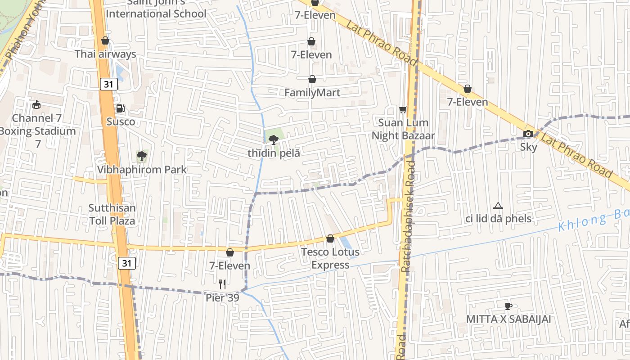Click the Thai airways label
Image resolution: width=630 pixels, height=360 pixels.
tap(105, 54)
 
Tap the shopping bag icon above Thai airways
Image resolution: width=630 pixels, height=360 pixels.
tap(105, 41)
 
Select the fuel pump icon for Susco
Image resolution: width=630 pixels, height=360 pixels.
tap(120, 108)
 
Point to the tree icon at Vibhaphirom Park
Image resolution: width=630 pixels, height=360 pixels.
tap(142, 156)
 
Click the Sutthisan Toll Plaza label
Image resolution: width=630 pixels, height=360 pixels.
tap(112, 215)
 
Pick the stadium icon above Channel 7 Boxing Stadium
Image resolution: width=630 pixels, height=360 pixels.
tap(36, 105)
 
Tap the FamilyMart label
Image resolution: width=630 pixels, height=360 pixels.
tap(312, 93)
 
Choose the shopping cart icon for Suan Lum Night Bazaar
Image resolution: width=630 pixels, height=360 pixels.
tap(403, 109)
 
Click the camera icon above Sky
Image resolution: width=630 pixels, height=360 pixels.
tap(529, 134)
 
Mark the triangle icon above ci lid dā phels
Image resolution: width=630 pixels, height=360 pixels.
tap(498, 206)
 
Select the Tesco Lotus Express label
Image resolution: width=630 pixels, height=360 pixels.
tap(330, 258)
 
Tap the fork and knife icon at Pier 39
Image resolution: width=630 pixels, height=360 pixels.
tap(222, 284)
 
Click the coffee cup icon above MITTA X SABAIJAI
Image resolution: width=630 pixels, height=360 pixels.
tap(508, 306)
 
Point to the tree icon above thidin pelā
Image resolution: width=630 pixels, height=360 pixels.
tap(273, 139)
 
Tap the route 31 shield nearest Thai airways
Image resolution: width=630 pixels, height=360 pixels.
tap(109, 84)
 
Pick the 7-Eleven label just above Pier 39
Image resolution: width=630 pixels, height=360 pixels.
tap(230, 266)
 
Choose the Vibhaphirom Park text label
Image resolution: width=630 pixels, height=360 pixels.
tap(142, 170)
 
